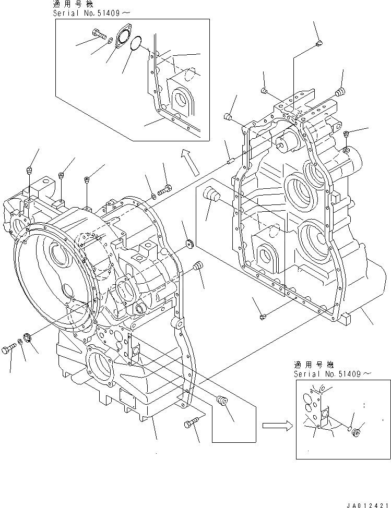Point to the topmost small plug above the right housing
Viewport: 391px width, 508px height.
[x=319, y=45]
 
